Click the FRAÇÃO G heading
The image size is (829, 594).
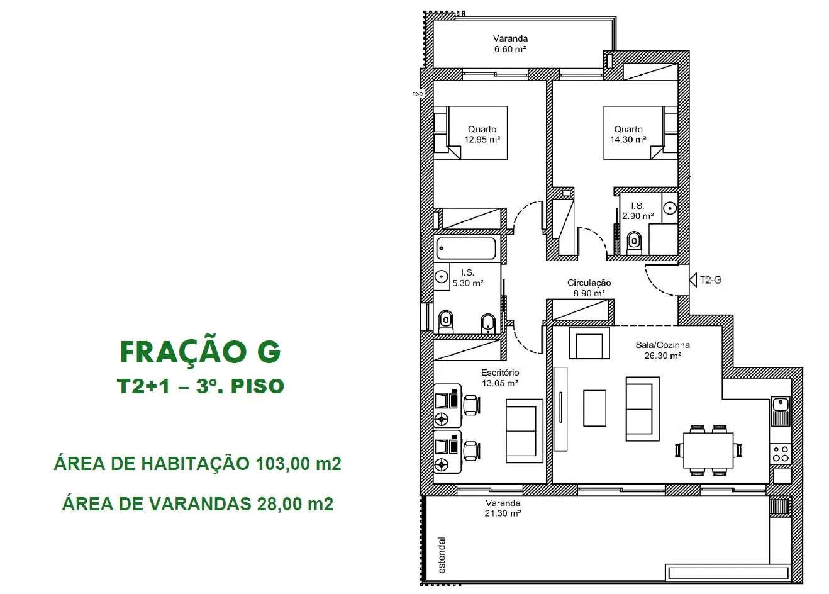(200, 352)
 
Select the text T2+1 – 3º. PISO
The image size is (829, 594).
(200, 386)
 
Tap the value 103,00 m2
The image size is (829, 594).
(298, 464)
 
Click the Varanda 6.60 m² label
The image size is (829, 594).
(510, 43)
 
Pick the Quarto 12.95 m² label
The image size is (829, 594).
(482, 135)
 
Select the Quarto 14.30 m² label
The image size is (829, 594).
(628, 135)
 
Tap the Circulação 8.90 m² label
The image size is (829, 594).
(589, 288)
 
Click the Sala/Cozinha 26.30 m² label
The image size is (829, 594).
(662, 350)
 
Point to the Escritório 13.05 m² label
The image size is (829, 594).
(500, 378)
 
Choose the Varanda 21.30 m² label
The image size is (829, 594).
(503, 508)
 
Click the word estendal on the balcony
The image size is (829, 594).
(442, 555)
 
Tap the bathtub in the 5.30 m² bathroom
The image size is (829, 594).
(466, 248)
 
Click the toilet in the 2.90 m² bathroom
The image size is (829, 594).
(635, 243)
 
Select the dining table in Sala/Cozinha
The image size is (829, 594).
(708, 450)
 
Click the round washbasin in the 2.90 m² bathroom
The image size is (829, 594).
(670, 208)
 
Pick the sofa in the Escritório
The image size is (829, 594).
(525, 430)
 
